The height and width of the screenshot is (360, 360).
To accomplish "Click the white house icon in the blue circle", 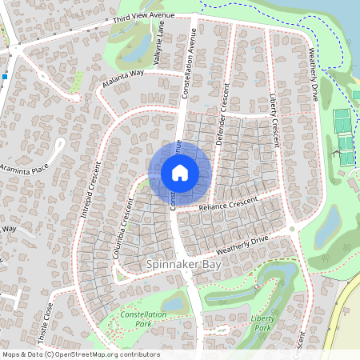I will click(180, 173).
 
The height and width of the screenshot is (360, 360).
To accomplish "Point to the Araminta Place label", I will click(24, 171).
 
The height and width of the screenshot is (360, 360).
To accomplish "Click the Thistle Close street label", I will click(50, 320).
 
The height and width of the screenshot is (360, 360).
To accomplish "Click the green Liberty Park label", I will click(262, 322).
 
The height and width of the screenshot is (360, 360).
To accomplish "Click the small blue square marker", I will click(4, 77).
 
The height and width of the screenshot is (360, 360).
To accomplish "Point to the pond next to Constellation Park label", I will click(174, 302).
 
